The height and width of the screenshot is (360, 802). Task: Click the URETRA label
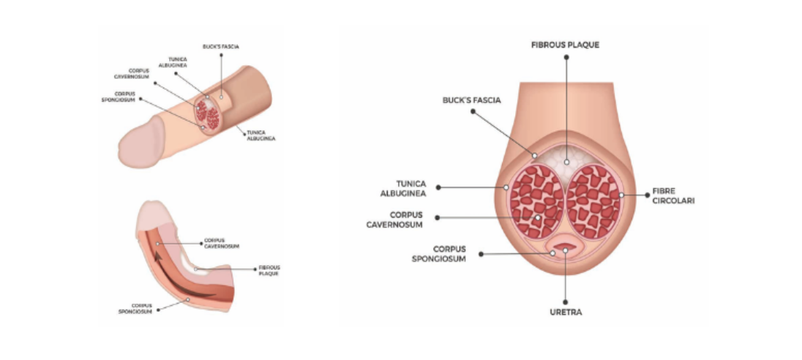coord(566,312)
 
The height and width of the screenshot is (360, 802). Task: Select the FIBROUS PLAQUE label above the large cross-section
coord(565,45)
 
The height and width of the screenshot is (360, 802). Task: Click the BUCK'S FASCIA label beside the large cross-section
coord(471,101)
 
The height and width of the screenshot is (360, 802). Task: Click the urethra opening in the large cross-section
coord(566,249)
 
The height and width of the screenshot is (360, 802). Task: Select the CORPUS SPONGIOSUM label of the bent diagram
coord(142,308)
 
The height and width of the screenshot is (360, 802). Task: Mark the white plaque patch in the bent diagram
coord(200,269)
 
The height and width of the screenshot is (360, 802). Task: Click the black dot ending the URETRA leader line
coord(566,302)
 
